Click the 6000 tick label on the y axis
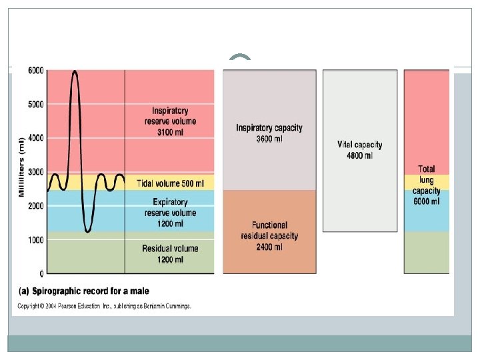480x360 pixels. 36,71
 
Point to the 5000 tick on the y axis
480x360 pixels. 36,105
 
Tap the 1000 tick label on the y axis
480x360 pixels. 36,240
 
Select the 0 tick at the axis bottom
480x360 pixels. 41,273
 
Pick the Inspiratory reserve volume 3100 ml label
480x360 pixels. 170,122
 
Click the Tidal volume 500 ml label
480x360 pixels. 170,183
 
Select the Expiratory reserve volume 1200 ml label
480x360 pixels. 170,213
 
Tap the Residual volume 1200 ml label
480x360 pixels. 170,253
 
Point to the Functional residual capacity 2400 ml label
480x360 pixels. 269,235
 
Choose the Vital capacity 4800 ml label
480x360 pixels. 360,150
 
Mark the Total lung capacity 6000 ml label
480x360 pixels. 427,185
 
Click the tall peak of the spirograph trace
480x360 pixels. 75,72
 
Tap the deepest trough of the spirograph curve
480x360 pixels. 87,231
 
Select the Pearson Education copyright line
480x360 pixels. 104,306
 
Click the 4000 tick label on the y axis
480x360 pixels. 36,138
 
